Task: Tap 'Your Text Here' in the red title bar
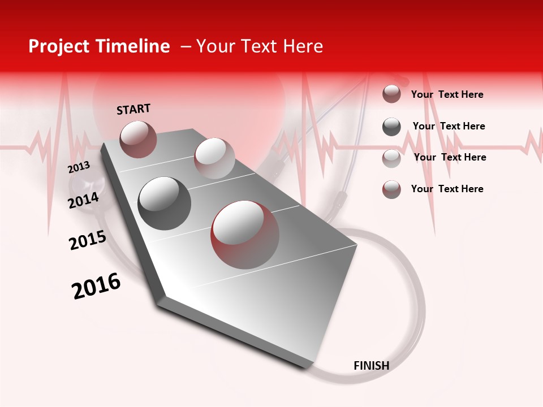[x=260, y=46]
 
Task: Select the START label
[x=133, y=109]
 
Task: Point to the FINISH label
[x=371, y=366]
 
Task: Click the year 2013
[x=79, y=167]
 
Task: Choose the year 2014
[x=84, y=200]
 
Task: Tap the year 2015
[x=88, y=240]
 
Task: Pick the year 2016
[x=96, y=286]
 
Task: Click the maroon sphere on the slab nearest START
[x=138, y=139]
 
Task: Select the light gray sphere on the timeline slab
[x=214, y=158]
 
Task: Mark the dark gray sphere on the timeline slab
[x=165, y=203]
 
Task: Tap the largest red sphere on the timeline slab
[x=245, y=235]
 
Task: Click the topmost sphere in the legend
[x=391, y=94]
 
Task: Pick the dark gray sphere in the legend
[x=391, y=127]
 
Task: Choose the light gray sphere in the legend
[x=391, y=158]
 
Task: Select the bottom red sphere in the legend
[x=391, y=189]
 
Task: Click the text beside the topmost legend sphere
[x=447, y=95]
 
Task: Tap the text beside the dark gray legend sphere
[x=449, y=127]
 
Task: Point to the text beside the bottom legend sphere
[x=447, y=189]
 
